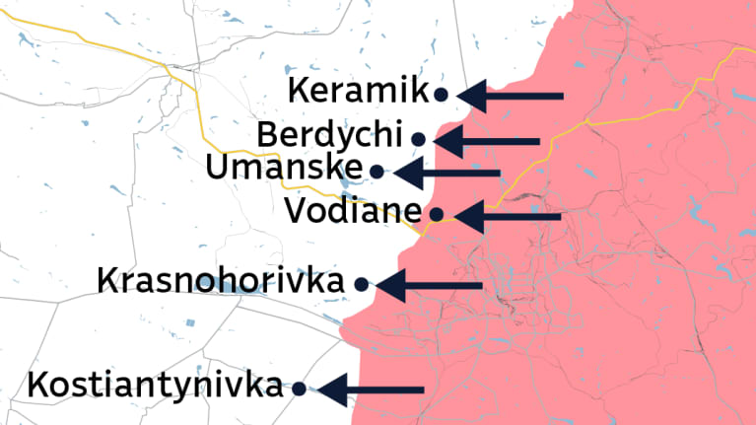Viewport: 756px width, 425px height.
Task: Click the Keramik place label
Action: pyautogui.click(x=358, y=91)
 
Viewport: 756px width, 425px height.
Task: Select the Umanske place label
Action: pyautogui.click(x=283, y=168)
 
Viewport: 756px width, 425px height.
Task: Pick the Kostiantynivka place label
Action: pyautogui.click(x=156, y=386)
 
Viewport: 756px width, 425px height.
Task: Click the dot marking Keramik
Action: pyautogui.click(x=442, y=95)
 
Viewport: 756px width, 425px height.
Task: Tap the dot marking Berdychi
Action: pyautogui.click(x=419, y=139)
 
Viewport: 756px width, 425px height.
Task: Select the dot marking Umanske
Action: pyautogui.click(x=377, y=171)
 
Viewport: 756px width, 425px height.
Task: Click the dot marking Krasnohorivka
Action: pyautogui.click(x=361, y=284)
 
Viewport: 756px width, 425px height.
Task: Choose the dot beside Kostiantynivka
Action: pyautogui.click(x=299, y=389)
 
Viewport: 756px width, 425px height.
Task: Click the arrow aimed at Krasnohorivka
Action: pyautogui.click(x=429, y=286)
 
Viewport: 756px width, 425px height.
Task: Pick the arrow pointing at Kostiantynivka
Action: pyautogui.click(x=371, y=390)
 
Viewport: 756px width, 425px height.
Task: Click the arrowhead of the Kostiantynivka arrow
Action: pyautogui.click(x=329, y=390)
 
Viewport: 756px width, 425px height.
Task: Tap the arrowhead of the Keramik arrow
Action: pyautogui.click(x=469, y=96)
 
